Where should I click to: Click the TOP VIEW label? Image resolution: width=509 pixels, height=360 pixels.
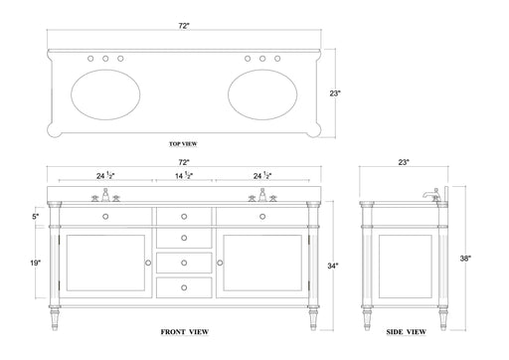tap(183, 144)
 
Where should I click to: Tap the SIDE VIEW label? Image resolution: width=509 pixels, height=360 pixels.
tap(406, 330)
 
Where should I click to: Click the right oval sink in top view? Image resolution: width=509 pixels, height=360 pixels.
tap(262, 91)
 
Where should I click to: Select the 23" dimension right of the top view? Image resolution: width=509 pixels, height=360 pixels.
tap(337, 93)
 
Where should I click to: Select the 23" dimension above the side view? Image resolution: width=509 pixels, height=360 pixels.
tap(405, 162)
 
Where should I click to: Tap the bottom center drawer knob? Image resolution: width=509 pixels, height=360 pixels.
tap(184, 284)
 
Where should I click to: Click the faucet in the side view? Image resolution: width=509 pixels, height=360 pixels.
tap(429, 195)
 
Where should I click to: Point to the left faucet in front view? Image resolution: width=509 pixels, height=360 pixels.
tap(105, 196)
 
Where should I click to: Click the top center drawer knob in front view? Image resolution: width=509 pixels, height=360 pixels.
tap(184, 216)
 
